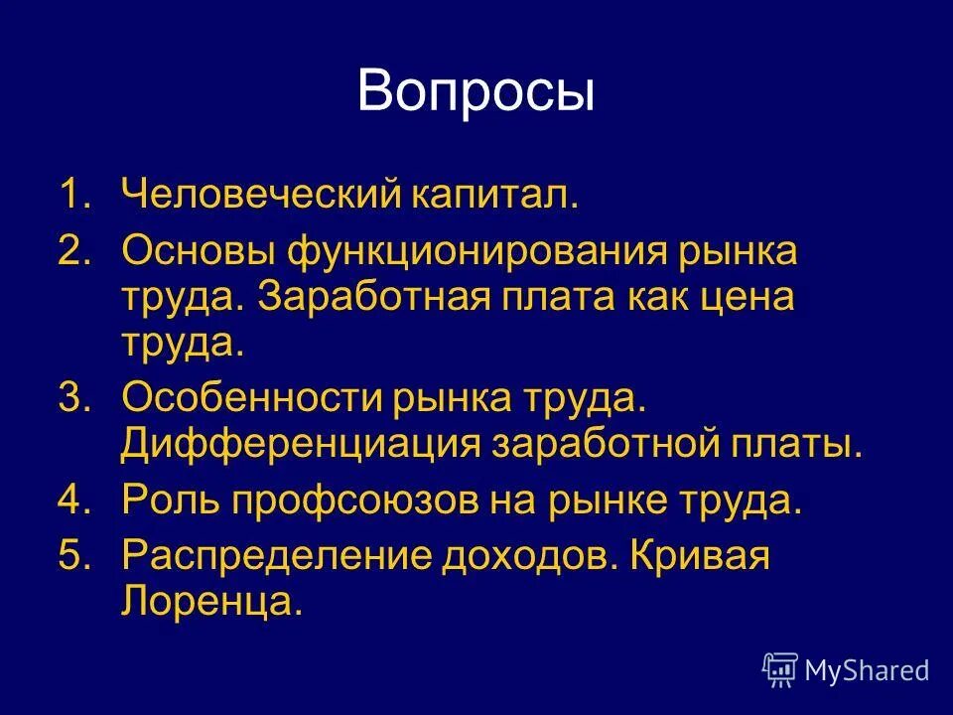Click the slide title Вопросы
point(476,92)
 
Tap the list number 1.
point(73,194)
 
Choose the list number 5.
point(73,556)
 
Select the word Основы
point(199,251)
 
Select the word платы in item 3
point(793,445)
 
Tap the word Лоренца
point(208,602)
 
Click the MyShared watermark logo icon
point(779,670)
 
